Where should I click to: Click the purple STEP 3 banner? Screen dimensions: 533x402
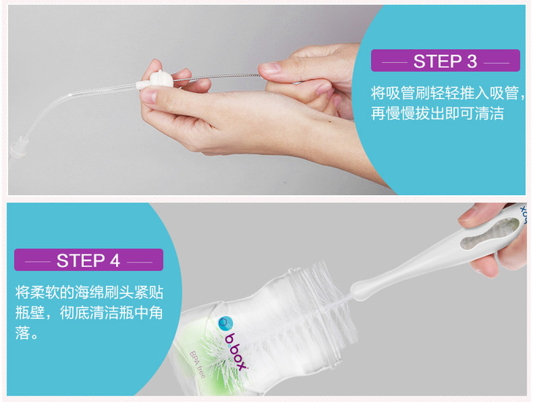(445, 61)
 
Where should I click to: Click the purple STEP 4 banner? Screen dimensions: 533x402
(89, 259)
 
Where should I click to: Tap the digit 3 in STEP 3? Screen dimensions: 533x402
(472, 61)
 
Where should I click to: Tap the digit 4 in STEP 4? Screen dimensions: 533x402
(115, 261)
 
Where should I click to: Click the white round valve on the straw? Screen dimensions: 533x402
(161, 80)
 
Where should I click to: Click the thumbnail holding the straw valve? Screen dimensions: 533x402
(148, 96)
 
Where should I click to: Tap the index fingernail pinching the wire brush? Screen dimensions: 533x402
(270, 67)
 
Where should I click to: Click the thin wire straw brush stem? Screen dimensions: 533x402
(218, 77)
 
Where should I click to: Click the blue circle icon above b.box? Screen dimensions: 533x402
(226, 323)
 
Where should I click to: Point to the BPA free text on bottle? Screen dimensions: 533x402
(197, 365)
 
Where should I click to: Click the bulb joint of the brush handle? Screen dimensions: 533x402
(361, 289)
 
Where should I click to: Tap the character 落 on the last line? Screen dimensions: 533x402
(23, 333)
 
